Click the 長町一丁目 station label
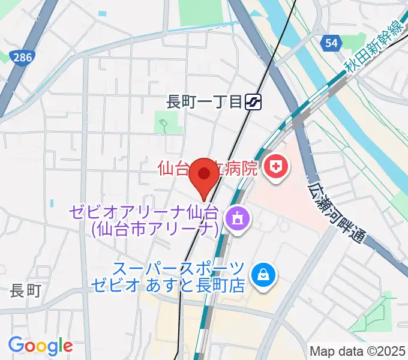(x=204, y=103)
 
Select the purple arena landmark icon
(x=235, y=218)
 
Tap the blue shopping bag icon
(x=263, y=275)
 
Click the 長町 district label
(x=25, y=291)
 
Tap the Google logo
(x=40, y=346)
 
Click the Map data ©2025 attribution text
(x=358, y=351)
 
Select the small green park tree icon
(x=163, y=125)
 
